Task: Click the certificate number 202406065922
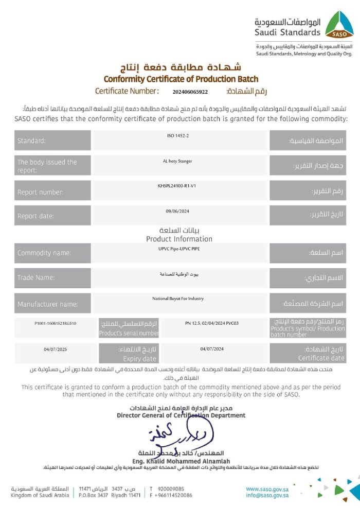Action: click(x=190, y=92)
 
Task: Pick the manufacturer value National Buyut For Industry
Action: click(x=178, y=299)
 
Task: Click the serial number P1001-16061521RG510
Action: click(x=52, y=323)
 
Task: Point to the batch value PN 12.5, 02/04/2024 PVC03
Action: click(x=211, y=323)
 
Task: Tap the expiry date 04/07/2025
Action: click(x=55, y=349)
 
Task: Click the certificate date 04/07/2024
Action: click(x=212, y=349)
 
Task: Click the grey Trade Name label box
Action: click(x=52, y=278)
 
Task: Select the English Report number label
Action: click(x=41, y=192)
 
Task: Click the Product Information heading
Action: click(x=179, y=239)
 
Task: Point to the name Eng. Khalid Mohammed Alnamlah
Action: click(x=181, y=461)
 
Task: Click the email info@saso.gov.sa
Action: click(x=267, y=495)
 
